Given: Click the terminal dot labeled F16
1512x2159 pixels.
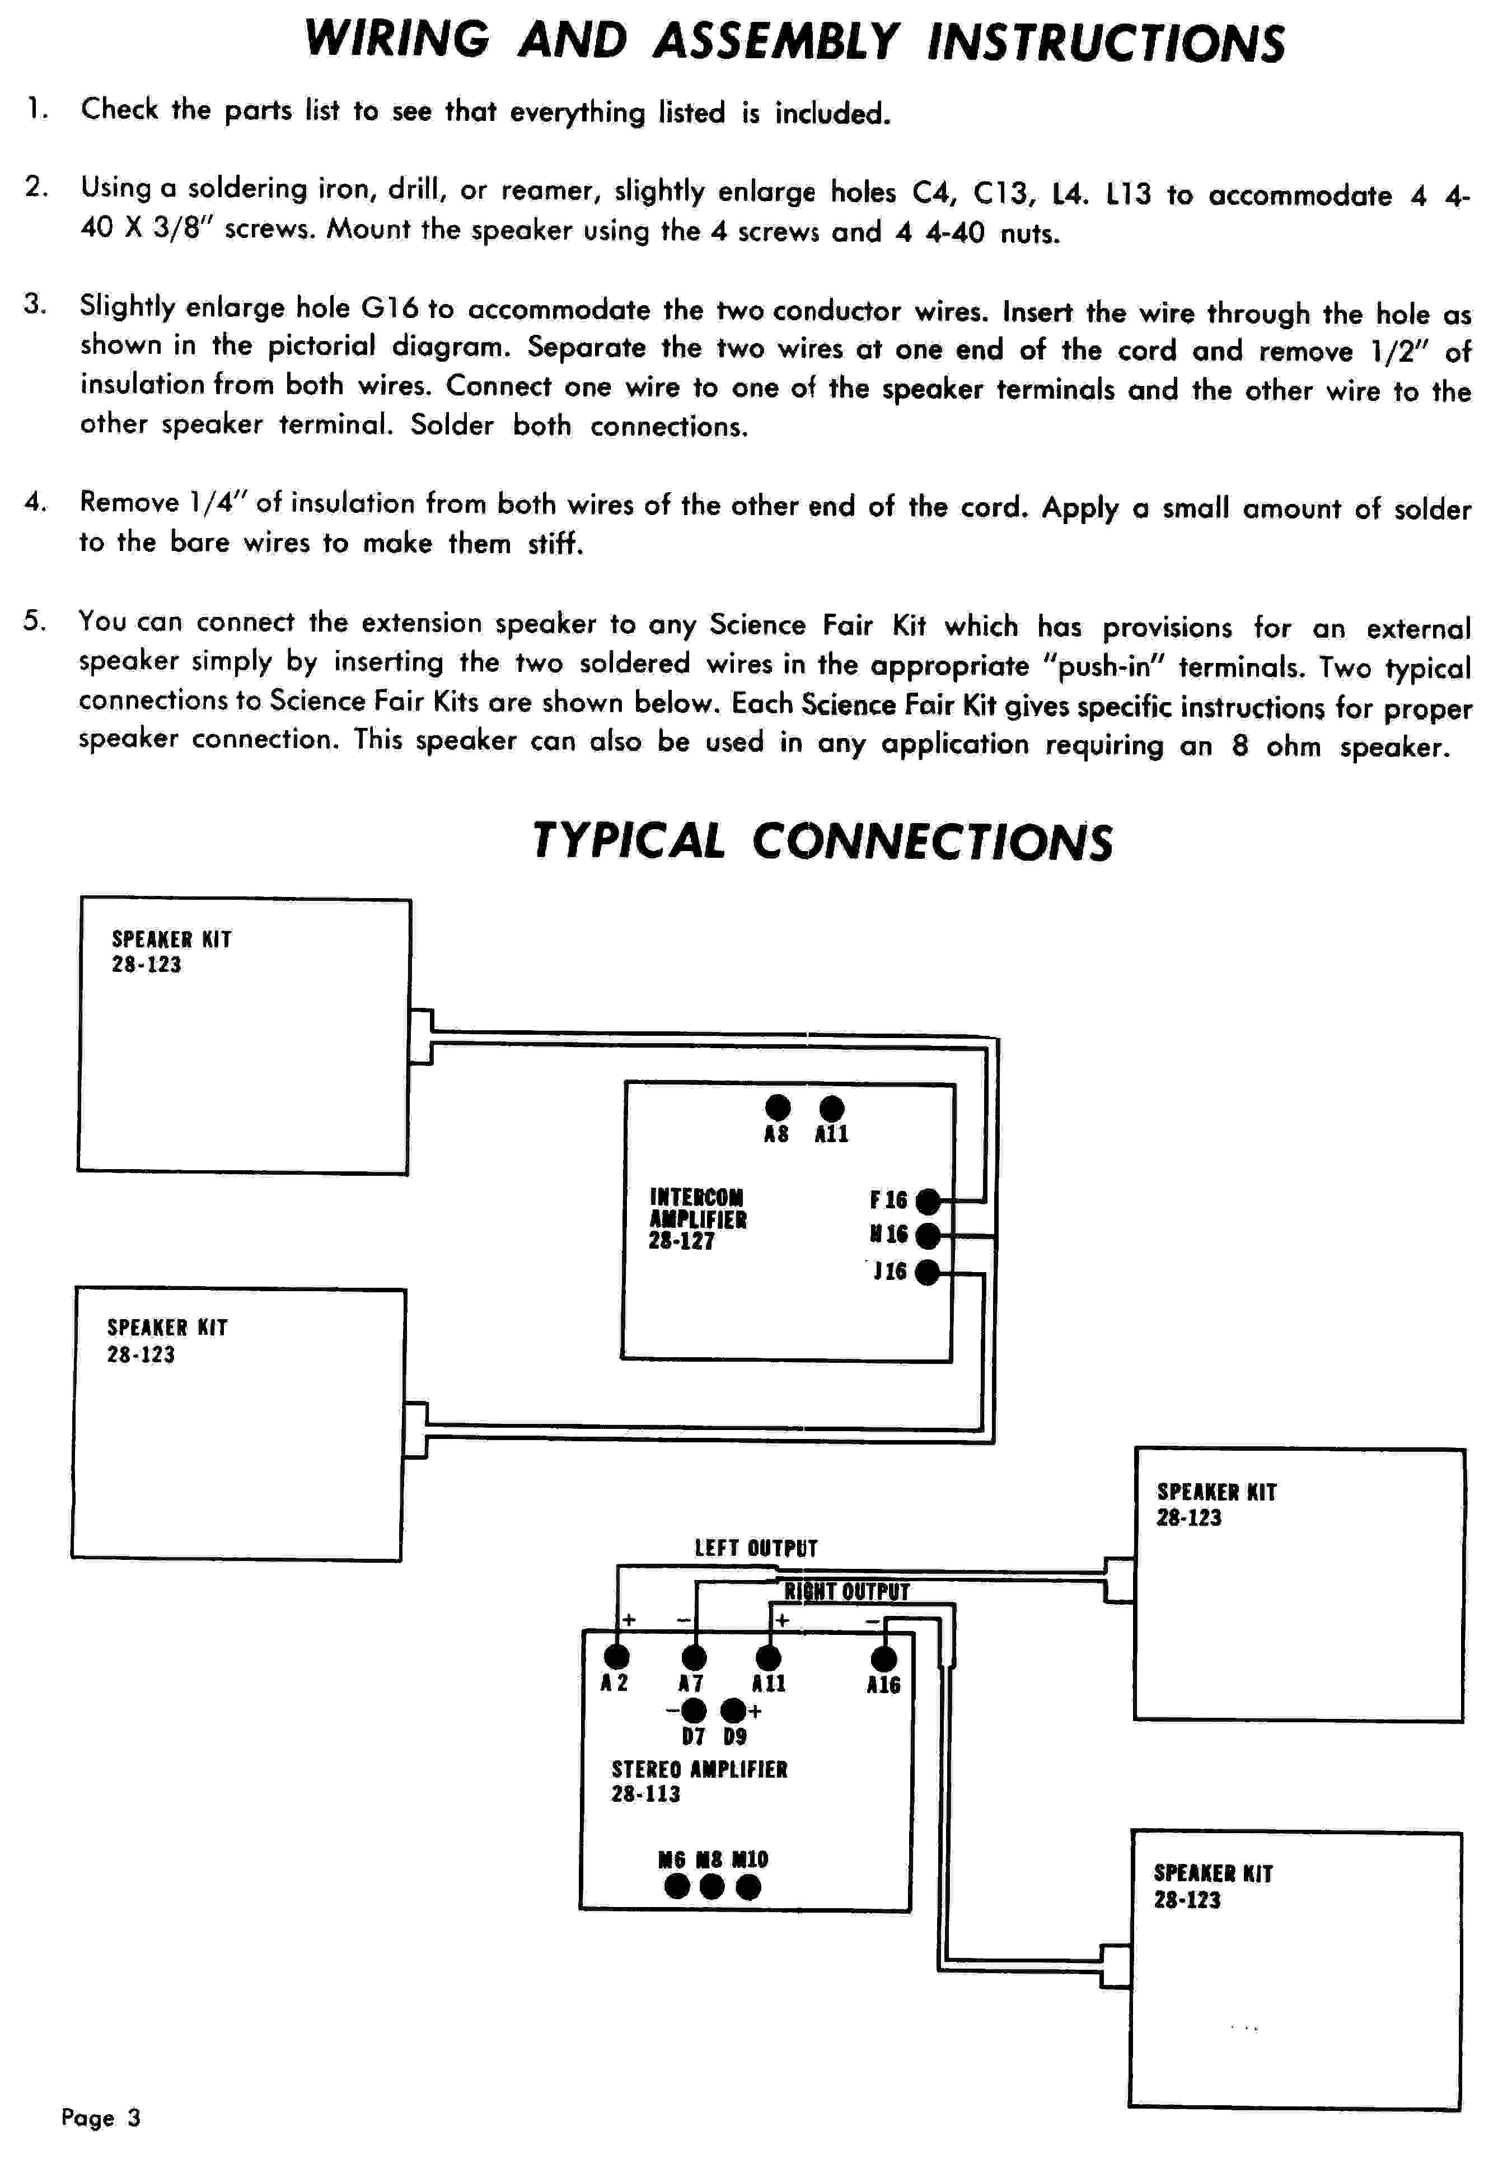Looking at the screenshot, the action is tap(927, 1201).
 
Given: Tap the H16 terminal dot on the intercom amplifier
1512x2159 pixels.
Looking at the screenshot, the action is tap(927, 1235).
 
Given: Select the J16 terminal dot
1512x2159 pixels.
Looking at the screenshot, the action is tap(927, 1272).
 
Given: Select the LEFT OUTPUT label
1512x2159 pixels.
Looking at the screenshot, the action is tap(756, 1548).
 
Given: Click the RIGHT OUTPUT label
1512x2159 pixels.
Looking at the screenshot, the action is tap(847, 1591).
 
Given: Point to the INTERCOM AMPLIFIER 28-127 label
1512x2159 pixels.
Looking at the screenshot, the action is tap(698, 1219).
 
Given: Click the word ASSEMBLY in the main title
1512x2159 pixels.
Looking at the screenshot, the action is tap(776, 41).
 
